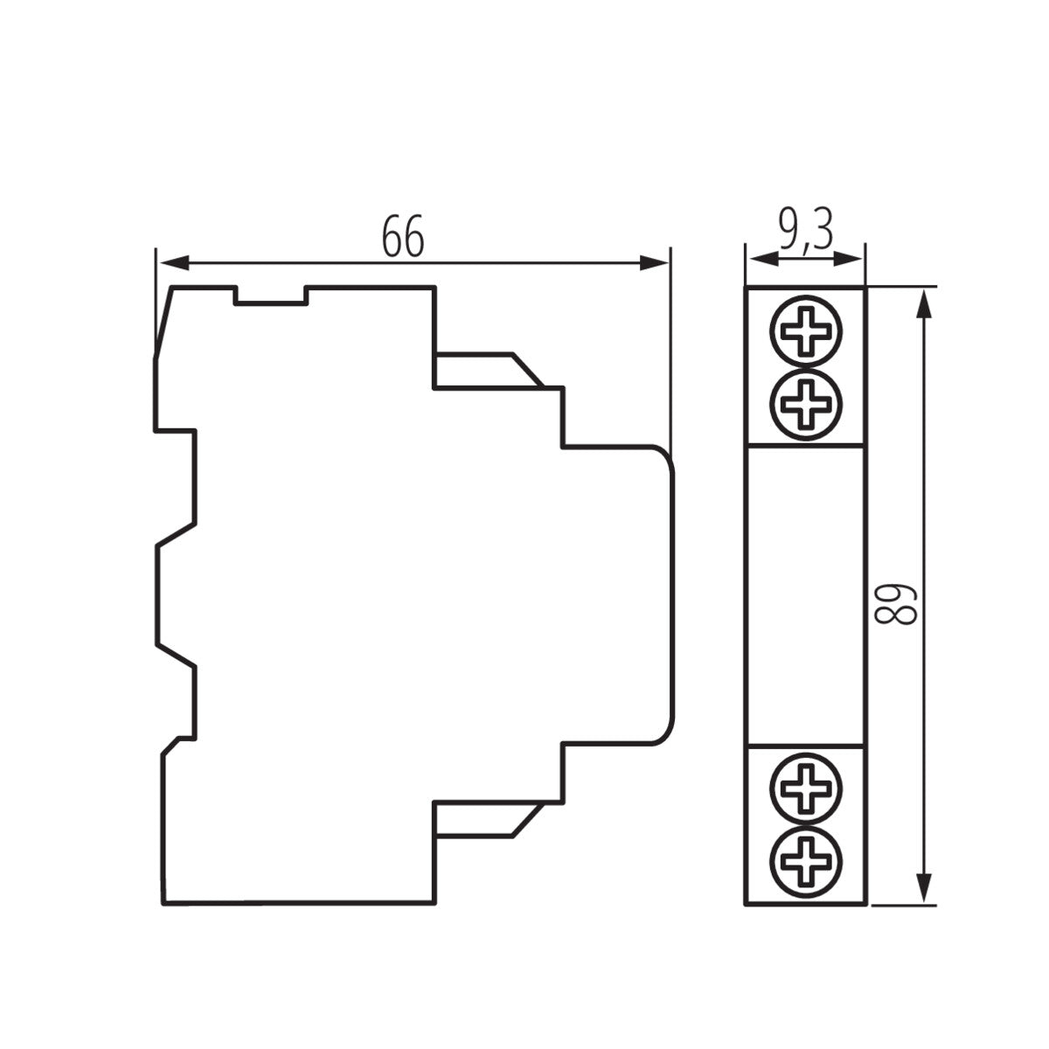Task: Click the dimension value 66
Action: (x=403, y=237)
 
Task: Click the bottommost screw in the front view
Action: (x=805, y=859)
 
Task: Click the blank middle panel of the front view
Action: (x=805, y=594)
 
